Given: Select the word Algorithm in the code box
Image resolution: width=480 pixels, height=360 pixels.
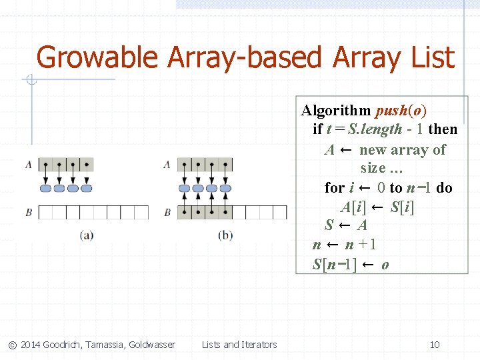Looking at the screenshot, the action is tap(337, 110).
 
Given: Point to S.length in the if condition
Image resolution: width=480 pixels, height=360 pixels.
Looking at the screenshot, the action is tap(375, 129).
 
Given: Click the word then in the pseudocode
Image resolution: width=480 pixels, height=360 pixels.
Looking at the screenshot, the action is tap(443, 129).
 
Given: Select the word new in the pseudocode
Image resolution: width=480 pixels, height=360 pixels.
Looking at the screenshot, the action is tap(373, 149).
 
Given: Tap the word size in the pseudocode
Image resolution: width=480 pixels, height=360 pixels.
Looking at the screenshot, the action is tap(373, 168).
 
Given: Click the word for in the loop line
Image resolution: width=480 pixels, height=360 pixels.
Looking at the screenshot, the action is tap(334, 187).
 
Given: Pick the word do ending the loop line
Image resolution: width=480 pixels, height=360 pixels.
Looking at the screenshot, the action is tap(444, 187).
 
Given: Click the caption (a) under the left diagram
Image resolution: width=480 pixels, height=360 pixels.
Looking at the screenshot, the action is tap(87, 235).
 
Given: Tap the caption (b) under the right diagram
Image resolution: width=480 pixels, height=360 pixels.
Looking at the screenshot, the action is tap(225, 235).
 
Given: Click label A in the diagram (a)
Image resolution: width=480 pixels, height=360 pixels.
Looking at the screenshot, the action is tap(29, 163).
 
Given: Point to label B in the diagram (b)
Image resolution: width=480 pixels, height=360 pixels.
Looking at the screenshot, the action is tap(167, 212).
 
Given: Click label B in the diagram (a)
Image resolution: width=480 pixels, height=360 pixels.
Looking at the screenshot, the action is tap(29, 212).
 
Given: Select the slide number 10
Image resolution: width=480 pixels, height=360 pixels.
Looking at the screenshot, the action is tap(435, 345).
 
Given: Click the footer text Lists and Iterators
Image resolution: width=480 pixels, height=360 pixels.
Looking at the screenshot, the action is tap(239, 345).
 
